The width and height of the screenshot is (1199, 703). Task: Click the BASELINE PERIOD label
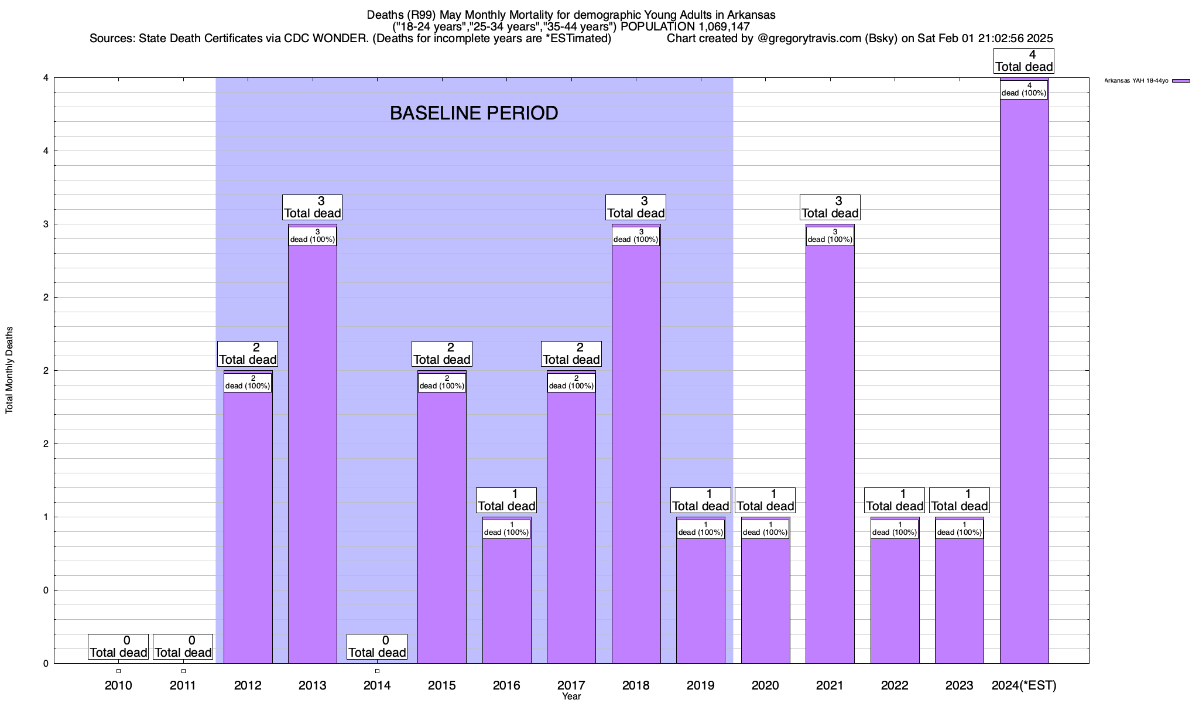[474, 113]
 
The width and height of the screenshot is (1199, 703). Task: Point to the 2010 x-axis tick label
[118, 685]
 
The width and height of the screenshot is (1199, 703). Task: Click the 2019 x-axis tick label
[700, 685]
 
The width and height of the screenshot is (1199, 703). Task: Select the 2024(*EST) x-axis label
[1024, 685]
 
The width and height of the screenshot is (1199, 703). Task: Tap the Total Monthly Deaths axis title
[9, 370]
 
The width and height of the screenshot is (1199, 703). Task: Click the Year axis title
[571, 697]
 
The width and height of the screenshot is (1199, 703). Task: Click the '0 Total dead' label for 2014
[377, 647]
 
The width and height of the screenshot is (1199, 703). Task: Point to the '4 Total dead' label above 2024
[1024, 61]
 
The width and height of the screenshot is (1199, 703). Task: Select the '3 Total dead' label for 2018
[636, 207]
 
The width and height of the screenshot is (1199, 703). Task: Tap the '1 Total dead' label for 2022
[895, 500]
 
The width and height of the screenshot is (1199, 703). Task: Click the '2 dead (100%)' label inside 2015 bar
[442, 382]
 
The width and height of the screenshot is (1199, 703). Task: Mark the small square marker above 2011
[183, 671]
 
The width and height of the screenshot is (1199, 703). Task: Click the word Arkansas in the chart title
[751, 15]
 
